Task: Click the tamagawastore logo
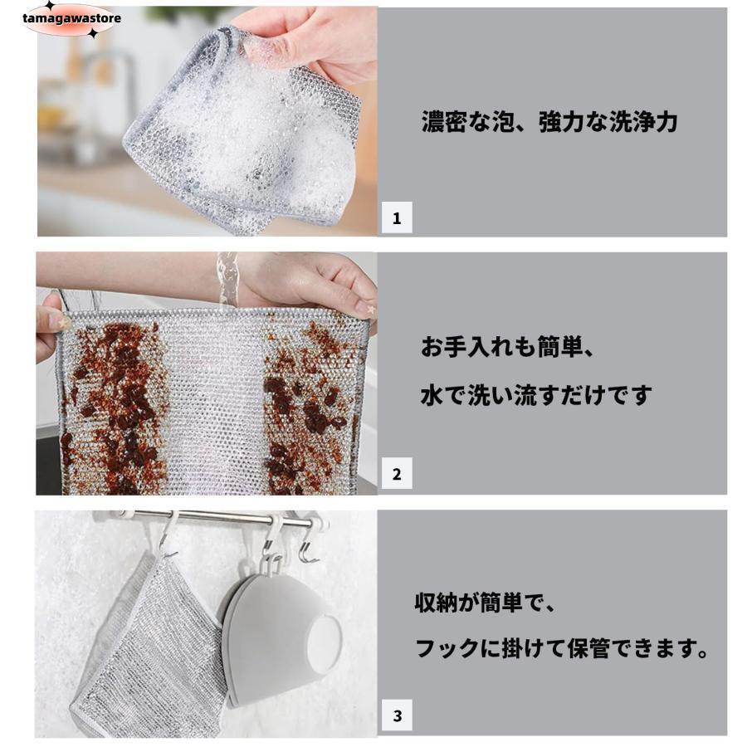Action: pyautogui.click(x=71, y=18)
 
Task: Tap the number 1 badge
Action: pyautogui.click(x=396, y=219)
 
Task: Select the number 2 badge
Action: pyautogui.click(x=396, y=475)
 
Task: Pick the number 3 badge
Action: pyautogui.click(x=396, y=715)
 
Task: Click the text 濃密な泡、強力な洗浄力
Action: pyautogui.click(x=549, y=123)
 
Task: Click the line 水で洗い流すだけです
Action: pyautogui.click(x=536, y=396)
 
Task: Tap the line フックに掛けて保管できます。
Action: pyautogui.click(x=562, y=648)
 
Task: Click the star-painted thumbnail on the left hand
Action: pyautogui.click(x=57, y=318)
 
